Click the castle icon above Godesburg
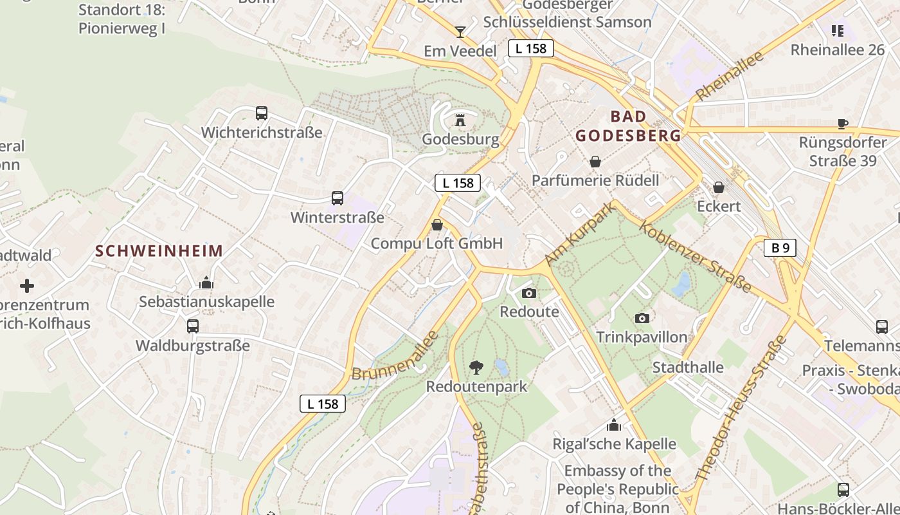[x=460, y=120]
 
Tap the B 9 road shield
[x=780, y=247]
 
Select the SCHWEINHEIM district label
[x=159, y=251]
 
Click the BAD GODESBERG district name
[x=628, y=126]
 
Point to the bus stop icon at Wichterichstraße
[x=261, y=113]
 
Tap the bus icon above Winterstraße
[x=337, y=198]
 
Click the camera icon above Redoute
[x=529, y=294]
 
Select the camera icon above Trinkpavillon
[x=642, y=318]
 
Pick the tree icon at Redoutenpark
[x=476, y=368]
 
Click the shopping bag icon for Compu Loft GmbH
[x=437, y=225]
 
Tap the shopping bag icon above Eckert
[x=719, y=187]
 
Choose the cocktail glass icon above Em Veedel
[x=460, y=32]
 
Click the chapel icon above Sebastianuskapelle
[x=206, y=283]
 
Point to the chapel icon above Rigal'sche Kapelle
[x=614, y=426]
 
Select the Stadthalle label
[x=688, y=368]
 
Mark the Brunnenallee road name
[x=395, y=355]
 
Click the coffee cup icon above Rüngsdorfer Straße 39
[x=843, y=124]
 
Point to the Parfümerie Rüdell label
[x=595, y=180]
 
